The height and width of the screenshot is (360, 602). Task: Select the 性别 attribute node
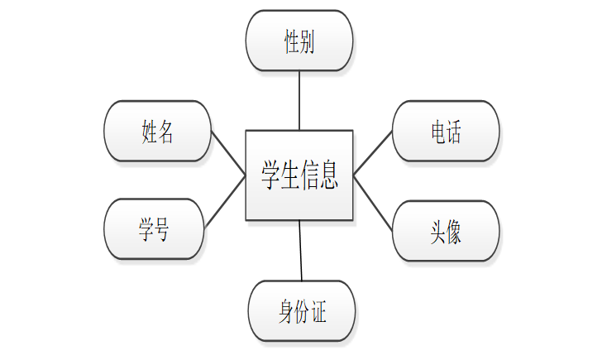[x=299, y=41]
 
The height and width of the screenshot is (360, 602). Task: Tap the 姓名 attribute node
[x=157, y=131]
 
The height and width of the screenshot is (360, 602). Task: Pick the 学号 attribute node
[x=154, y=229]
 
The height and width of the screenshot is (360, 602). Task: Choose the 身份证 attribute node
[x=302, y=311]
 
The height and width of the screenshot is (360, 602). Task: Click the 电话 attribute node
[x=445, y=131]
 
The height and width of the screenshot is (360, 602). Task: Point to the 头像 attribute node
[x=445, y=230]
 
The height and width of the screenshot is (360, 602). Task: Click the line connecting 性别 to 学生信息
[x=299, y=100]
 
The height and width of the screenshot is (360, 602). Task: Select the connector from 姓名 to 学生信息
[x=228, y=152]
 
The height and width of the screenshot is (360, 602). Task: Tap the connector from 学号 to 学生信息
[x=224, y=201]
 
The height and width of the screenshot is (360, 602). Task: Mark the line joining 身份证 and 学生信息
[x=301, y=250]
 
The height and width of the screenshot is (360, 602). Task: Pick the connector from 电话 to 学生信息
[x=373, y=152]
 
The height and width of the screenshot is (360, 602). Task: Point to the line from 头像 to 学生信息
[x=373, y=201]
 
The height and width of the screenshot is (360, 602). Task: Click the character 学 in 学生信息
[x=270, y=175]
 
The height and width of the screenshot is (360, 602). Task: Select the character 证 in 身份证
[x=319, y=312]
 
